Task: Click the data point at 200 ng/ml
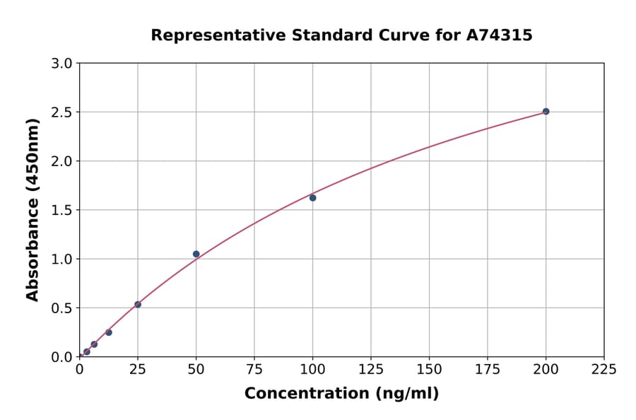(546, 111)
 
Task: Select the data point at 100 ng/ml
(312, 197)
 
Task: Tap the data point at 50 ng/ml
(196, 254)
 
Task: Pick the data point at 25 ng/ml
(138, 305)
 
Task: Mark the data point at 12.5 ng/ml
(109, 332)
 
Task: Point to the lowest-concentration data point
(87, 351)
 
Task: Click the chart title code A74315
(499, 35)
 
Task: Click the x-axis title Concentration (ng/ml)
(341, 394)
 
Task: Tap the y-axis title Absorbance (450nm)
(33, 209)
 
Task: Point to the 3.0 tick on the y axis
(63, 64)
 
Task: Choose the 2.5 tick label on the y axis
(63, 112)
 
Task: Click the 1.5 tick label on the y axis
(63, 210)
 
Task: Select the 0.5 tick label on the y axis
(63, 308)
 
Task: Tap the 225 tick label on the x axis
(603, 369)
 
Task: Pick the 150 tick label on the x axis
(429, 369)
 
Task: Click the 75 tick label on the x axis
(254, 369)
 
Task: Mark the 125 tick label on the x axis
(371, 369)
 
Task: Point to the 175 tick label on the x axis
(488, 369)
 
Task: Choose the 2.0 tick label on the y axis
(63, 161)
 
